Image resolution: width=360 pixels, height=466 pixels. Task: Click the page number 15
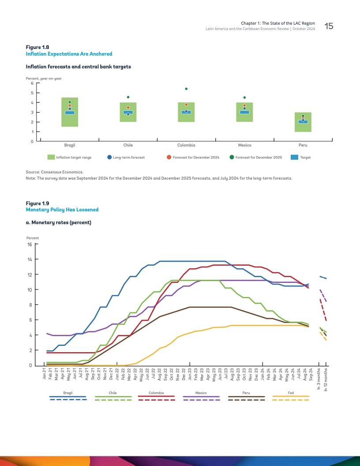click(329, 26)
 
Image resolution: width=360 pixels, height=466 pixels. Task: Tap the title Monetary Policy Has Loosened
click(62, 210)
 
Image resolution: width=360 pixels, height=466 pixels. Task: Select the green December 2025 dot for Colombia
click(186, 89)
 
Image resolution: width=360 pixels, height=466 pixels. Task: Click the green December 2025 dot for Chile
click(128, 97)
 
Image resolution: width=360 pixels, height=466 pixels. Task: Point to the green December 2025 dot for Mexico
click(244, 98)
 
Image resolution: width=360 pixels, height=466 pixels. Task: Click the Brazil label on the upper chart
click(69, 145)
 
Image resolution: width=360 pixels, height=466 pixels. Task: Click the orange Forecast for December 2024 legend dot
click(169, 157)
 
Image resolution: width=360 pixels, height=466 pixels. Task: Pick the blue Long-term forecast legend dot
click(109, 157)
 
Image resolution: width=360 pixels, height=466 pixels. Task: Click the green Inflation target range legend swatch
click(51, 157)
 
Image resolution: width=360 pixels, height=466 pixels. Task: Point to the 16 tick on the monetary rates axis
click(30, 244)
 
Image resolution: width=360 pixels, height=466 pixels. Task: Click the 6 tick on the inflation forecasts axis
click(32, 83)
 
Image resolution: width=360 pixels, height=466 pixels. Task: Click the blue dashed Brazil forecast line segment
click(322, 277)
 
